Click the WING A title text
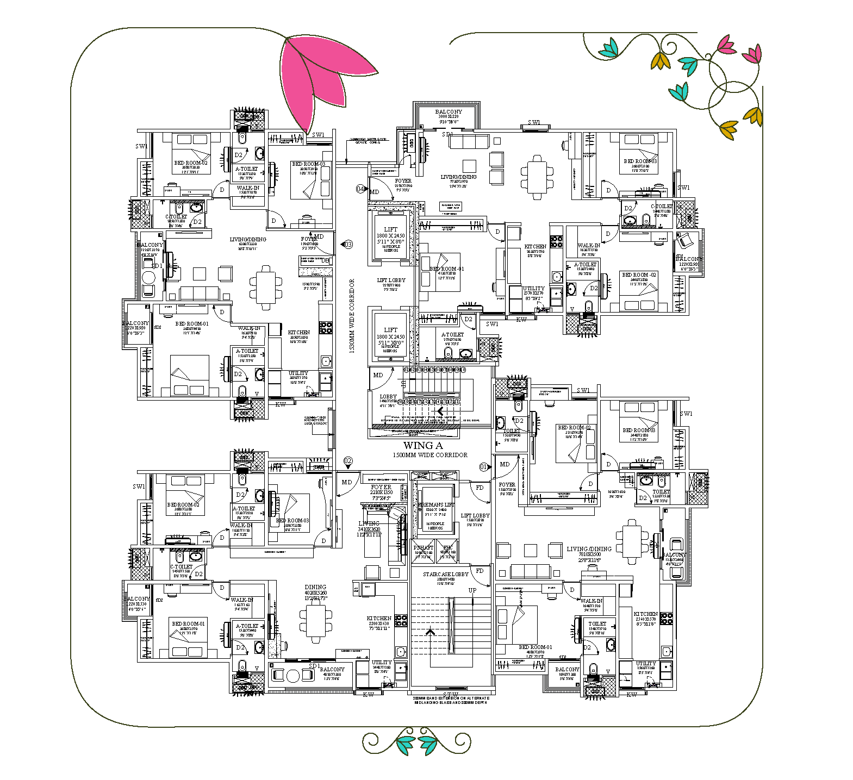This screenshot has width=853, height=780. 423,446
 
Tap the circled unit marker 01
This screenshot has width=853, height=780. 483,466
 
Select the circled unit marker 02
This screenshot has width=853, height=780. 348,461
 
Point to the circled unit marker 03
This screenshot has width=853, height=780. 348,244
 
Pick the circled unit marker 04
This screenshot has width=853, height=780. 360,189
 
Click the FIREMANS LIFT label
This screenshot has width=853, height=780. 436,505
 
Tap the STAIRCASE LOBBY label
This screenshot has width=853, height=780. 446,574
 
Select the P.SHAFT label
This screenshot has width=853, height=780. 423,547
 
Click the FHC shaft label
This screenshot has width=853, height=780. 447,547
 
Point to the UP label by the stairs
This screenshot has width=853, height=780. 472,590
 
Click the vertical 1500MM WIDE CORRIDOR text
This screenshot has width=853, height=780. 352,316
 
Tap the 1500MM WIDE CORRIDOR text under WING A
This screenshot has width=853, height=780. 429,455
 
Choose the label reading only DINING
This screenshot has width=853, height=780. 315,587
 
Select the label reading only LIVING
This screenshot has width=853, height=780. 369,523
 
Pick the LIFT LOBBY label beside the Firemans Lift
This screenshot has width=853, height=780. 475,515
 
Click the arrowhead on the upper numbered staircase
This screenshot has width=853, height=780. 440,411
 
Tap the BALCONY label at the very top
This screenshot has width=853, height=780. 449,111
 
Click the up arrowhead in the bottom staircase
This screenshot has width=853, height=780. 430,631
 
